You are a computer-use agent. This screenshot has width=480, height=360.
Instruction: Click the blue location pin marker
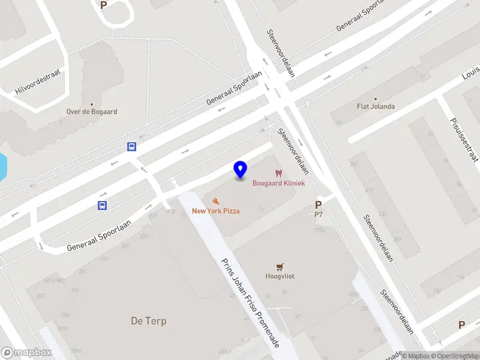241,170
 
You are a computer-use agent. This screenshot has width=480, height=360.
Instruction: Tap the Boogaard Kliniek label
278,183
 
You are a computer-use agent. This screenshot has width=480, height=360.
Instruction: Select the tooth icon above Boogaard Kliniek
278,173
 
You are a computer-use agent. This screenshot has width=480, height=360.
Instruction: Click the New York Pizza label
216,211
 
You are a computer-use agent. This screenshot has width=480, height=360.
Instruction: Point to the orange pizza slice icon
215,201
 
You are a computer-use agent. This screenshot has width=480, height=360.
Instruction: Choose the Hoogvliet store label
279,276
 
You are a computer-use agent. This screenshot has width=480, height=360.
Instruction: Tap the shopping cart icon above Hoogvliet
279,266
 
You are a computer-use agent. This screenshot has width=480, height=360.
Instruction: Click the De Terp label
148,321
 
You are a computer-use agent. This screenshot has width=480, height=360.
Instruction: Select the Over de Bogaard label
92,112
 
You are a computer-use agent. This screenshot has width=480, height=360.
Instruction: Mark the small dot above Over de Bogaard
92,103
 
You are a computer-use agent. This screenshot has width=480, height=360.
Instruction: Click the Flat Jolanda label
376,107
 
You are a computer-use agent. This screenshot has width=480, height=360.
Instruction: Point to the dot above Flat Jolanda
376,98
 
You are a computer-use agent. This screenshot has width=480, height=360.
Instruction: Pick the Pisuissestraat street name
464,140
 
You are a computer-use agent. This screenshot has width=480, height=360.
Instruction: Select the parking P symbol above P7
319,205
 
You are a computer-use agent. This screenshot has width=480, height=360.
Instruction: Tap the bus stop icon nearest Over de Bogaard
131,146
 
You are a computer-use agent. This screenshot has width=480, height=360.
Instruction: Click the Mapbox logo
25,353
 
